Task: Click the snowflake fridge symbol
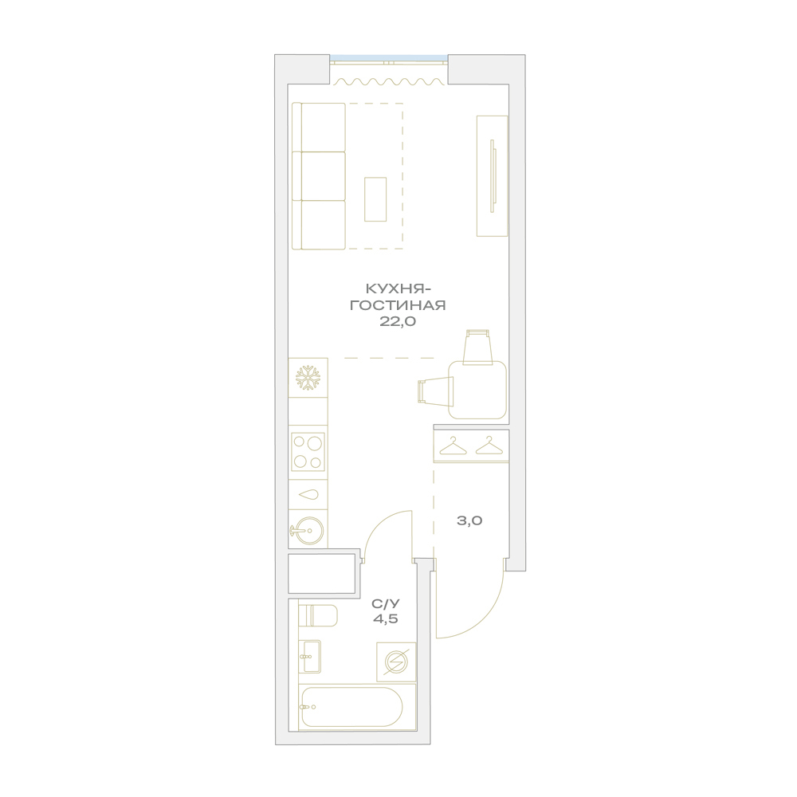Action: click(x=308, y=378)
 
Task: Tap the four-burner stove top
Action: click(x=308, y=451)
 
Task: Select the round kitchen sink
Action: click(x=308, y=531)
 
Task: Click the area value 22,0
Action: click(x=398, y=321)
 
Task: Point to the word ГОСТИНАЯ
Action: click(x=398, y=305)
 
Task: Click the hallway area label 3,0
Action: click(x=469, y=520)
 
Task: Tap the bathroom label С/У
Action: click(x=386, y=604)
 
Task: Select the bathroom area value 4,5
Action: click(x=385, y=619)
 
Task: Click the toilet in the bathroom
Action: click(x=318, y=616)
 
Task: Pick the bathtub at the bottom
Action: click(x=351, y=707)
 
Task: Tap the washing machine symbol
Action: click(x=396, y=662)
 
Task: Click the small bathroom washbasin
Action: click(x=309, y=656)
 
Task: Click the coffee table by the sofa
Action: click(x=375, y=199)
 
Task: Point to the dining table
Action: click(x=477, y=390)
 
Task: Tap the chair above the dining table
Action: click(x=478, y=347)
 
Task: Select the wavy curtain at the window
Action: click(x=389, y=81)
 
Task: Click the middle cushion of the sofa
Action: click(x=319, y=176)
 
